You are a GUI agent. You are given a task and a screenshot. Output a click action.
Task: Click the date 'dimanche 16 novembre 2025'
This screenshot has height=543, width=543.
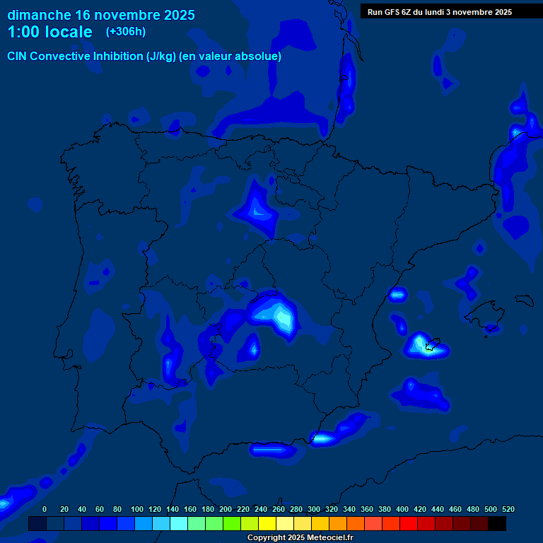pos(101,15)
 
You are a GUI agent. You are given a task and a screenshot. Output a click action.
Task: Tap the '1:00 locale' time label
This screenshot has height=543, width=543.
pos(49,32)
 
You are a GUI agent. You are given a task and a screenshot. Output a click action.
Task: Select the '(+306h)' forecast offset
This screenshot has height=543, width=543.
pos(126,32)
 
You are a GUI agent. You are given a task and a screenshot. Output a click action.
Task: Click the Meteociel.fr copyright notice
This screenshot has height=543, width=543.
pos(300,537)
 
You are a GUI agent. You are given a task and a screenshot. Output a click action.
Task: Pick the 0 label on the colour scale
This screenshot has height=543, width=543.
pos(45,509)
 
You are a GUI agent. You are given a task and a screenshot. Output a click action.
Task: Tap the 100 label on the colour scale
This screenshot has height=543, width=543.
pos(136,509)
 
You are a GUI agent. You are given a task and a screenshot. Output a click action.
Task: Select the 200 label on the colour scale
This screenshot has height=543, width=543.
pos(226,509)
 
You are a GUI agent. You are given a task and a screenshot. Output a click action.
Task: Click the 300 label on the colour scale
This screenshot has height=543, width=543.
pos(314,509)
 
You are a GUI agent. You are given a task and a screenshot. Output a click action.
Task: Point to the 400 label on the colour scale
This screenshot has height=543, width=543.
pos(402,509)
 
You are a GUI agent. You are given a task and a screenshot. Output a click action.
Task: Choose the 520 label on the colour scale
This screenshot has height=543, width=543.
pos(508,509)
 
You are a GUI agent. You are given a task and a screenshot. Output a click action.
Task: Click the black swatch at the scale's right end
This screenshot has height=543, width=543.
pos(497,523)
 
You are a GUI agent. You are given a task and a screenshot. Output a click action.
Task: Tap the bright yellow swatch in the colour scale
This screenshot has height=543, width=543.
pos(267,523)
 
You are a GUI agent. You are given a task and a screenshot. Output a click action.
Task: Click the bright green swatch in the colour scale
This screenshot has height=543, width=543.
pos(232,523)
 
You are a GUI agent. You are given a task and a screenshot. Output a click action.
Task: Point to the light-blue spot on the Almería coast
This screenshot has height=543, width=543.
pos(322,438)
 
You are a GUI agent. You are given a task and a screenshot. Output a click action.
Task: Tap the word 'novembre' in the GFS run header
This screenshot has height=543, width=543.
pos(477,11)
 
